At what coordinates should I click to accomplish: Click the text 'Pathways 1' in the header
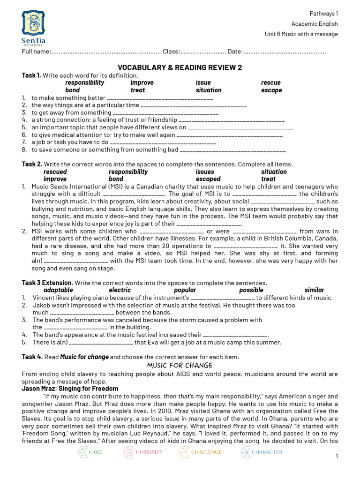(323, 14)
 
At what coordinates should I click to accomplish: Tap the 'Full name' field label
(36, 51)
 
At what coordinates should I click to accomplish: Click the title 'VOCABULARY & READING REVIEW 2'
(180, 67)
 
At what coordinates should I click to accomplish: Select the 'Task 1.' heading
(31, 75)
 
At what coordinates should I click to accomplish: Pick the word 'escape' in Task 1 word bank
(271, 90)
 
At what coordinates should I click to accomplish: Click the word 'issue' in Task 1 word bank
(203, 82)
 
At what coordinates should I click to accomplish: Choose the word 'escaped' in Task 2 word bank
(208, 179)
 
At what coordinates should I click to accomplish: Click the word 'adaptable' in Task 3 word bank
(58, 290)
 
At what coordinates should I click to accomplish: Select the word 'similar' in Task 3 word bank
(314, 290)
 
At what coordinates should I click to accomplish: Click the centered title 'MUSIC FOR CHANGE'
(180, 365)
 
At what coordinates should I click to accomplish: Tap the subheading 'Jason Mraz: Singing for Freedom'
(70, 389)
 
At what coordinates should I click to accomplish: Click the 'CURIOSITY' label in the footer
(150, 452)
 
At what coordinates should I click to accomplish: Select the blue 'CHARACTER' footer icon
(246, 452)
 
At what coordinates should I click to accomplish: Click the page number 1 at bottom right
(337, 457)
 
